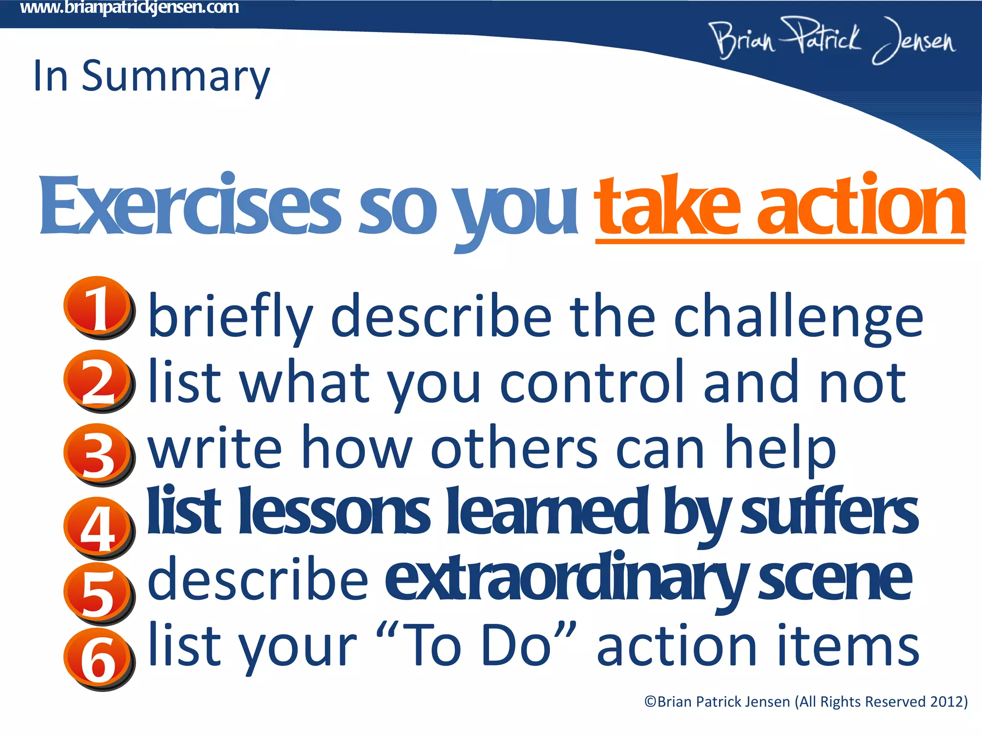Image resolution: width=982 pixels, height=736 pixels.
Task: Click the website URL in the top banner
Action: pyautogui.click(x=129, y=8)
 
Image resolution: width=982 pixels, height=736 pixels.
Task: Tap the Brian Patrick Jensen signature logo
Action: pyautogui.click(x=832, y=41)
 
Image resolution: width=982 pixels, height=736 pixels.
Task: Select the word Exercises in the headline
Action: pyautogui.click(x=189, y=206)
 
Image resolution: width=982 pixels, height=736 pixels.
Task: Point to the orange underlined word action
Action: pyautogui.click(x=861, y=206)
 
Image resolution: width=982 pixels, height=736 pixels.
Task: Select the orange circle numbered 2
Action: pyautogui.click(x=97, y=379)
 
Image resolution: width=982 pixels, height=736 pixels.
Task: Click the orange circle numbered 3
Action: pyautogui.click(x=97, y=453)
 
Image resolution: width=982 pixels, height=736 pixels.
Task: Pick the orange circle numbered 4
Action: pyautogui.click(x=97, y=527)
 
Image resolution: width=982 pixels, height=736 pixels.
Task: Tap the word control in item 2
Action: pyautogui.click(x=592, y=382)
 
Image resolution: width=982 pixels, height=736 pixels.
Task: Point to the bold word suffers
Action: pyautogui.click(x=830, y=513)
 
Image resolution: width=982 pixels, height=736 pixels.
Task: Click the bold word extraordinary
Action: pyautogui.click(x=566, y=580)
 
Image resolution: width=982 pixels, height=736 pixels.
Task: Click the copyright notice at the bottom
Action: pyautogui.click(x=806, y=701)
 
